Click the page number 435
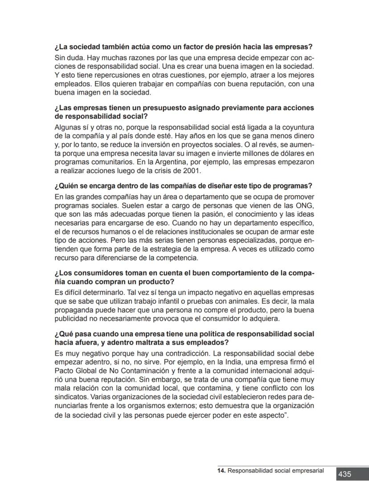coord(345,474)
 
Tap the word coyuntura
coord(297,127)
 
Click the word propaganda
coord(74,311)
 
